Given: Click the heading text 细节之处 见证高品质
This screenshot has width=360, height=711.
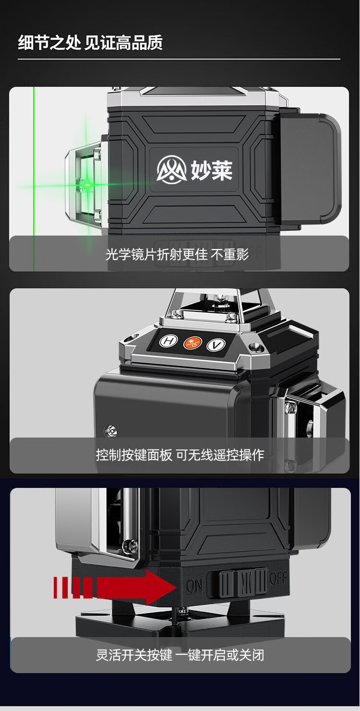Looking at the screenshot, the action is click(x=90, y=43).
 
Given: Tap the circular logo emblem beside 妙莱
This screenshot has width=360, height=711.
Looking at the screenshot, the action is click(x=171, y=169).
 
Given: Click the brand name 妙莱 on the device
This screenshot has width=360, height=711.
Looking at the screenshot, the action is click(x=211, y=170).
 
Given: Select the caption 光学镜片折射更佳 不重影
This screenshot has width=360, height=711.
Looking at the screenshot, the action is click(x=177, y=255).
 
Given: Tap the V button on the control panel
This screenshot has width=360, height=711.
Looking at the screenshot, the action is click(x=216, y=345).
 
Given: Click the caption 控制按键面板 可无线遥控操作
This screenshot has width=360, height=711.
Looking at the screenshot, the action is click(x=180, y=454).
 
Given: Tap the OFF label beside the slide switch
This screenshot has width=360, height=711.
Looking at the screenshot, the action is click(x=278, y=578).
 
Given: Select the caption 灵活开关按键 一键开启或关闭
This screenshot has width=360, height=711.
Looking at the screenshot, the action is click(x=180, y=654).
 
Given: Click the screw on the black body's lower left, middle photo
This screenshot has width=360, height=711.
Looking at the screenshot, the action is click(x=110, y=430).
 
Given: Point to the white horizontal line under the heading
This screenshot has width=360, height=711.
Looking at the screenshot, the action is click(x=179, y=59).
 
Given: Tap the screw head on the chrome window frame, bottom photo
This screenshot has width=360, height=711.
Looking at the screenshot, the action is click(x=131, y=545).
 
